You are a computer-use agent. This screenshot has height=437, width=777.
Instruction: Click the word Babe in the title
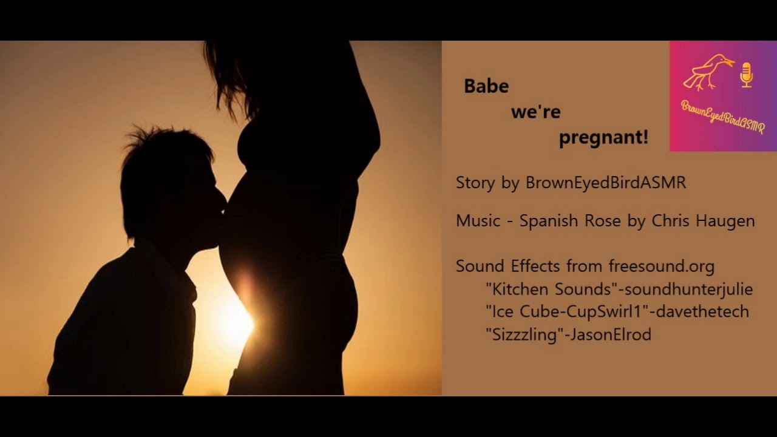[x=486, y=86]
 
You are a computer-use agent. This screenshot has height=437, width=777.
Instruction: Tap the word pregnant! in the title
[x=603, y=138]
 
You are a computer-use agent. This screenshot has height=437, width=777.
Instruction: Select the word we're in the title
[x=535, y=112]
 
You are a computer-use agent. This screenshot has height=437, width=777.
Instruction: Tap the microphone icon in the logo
[x=747, y=74]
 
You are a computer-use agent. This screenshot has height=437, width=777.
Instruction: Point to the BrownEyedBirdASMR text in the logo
[x=723, y=117]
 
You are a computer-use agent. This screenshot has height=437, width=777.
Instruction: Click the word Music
[x=478, y=221]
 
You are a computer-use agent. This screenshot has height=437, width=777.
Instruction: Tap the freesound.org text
[x=661, y=266]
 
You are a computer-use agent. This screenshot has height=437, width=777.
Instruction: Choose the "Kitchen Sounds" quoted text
[x=550, y=289]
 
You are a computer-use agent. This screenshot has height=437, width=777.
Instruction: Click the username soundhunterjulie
[x=687, y=289]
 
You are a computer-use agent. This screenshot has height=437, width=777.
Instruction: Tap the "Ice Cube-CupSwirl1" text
[x=566, y=311]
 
